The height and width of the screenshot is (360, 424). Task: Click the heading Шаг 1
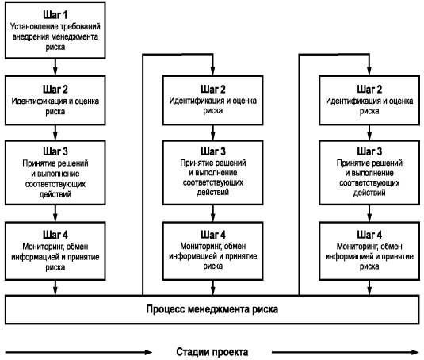55,15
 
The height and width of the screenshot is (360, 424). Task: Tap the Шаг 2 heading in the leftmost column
55,90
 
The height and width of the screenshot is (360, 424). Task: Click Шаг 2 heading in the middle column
213,89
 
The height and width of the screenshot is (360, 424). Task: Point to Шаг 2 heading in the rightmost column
369,89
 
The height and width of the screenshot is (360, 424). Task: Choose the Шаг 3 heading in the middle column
213,151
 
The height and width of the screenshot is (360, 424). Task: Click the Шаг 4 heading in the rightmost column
369,235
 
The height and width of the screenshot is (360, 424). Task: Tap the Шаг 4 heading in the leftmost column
55,235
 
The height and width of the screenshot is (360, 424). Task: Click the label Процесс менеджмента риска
212,309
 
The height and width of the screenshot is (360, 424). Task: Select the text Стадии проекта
212,352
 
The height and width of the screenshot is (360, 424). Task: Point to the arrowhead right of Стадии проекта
415,352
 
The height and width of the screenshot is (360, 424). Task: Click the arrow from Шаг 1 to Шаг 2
55,67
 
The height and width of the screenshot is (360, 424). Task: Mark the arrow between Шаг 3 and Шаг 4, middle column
213,213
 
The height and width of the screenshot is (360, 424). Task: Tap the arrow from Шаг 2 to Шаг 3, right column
369,132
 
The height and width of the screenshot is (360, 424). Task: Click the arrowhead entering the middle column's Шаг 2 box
213,71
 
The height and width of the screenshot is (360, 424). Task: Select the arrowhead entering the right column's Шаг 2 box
369,71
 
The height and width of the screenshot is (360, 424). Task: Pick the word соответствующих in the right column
369,183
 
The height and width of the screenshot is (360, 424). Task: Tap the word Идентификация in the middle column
197,101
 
